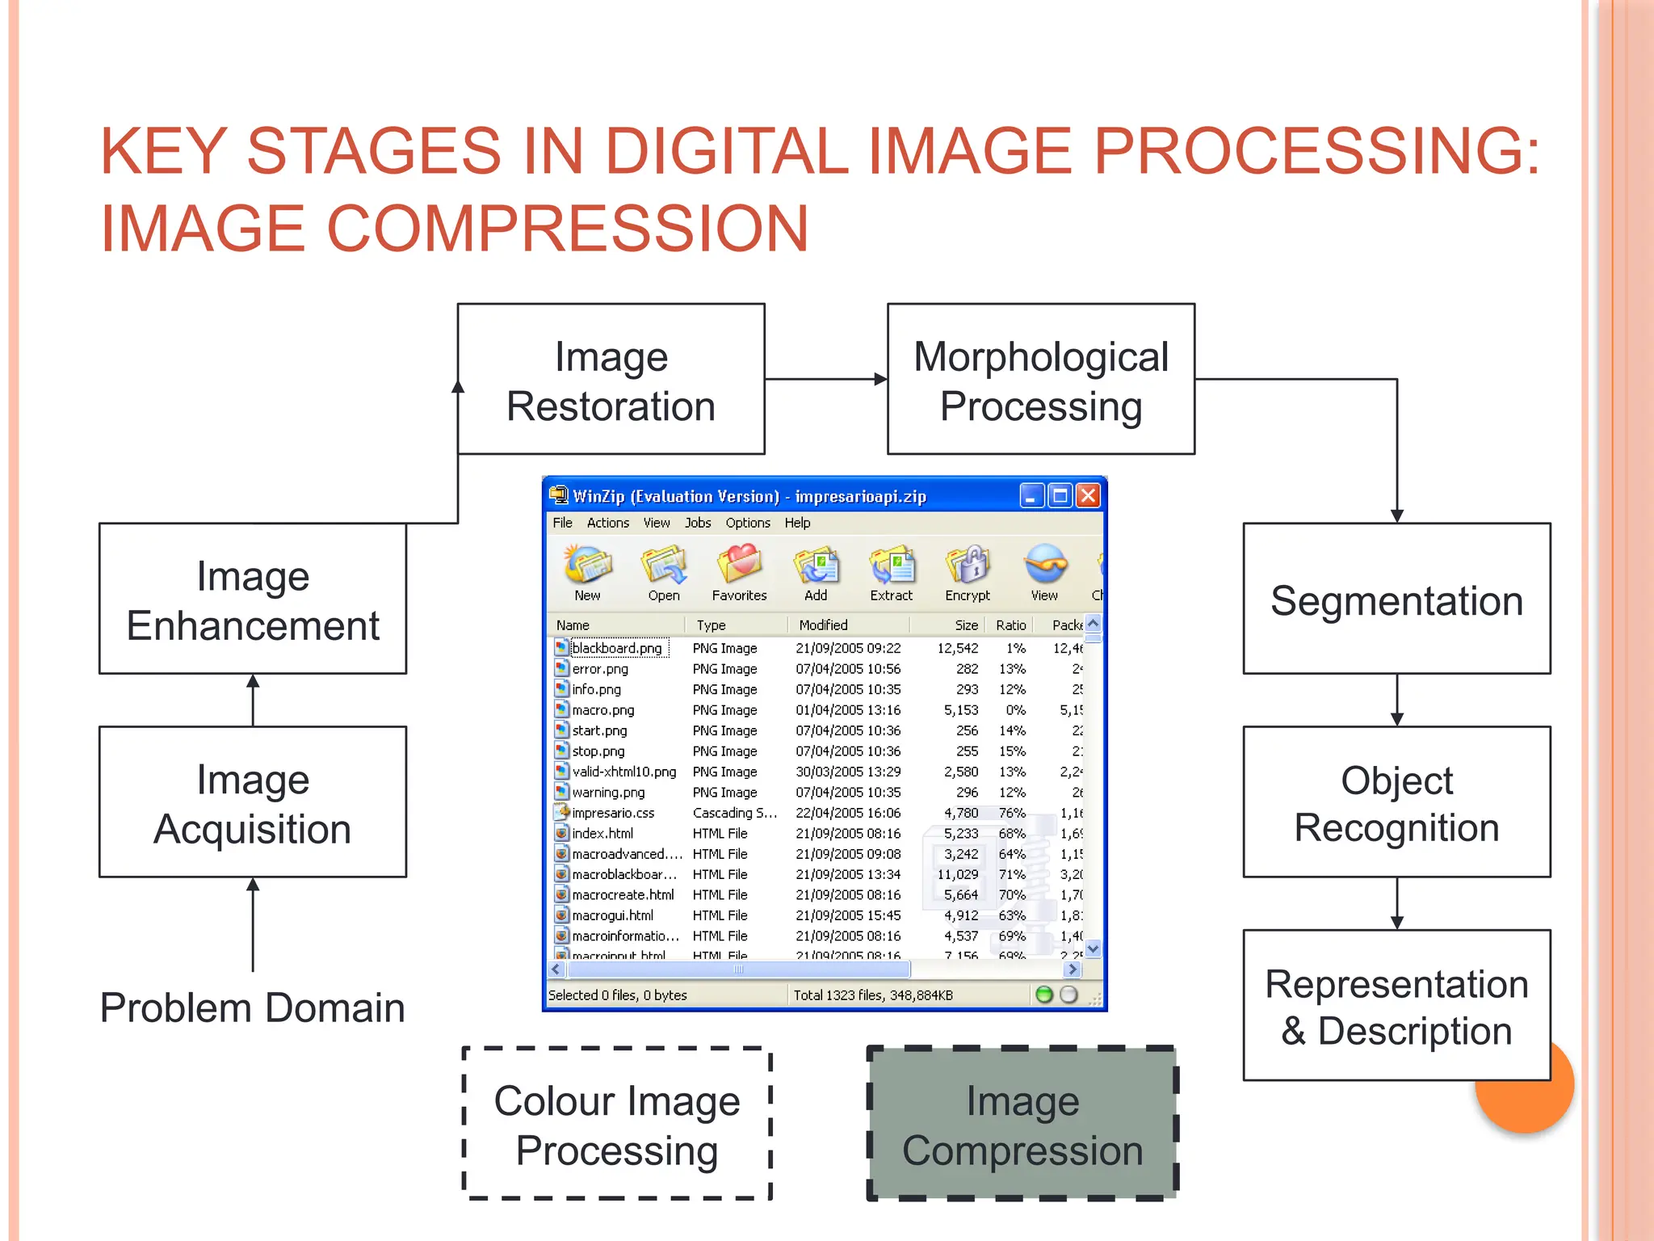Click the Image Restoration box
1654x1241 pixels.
pyautogui.click(x=611, y=379)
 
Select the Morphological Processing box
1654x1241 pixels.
pyautogui.click(x=1040, y=379)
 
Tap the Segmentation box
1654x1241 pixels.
pyautogui.click(x=1396, y=599)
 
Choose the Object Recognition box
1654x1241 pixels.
pyautogui.click(x=1396, y=802)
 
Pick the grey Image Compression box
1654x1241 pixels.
pyautogui.click(x=1022, y=1124)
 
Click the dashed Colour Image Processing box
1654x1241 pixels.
pyautogui.click(x=617, y=1124)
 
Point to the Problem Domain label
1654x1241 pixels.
pyautogui.click(x=252, y=1008)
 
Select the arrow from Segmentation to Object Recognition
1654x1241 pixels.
pyautogui.click(x=1396, y=700)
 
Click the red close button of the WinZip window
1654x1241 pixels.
pyautogui.click(x=1088, y=495)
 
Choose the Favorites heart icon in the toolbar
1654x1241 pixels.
pyautogui.click(x=739, y=565)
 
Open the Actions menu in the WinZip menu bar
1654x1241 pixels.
pyautogui.click(x=607, y=523)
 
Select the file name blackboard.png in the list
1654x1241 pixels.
pyautogui.click(x=616, y=648)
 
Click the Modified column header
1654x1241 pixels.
pyautogui.click(x=823, y=625)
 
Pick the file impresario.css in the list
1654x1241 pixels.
pyautogui.click(x=613, y=813)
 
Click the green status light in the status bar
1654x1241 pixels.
pyautogui.click(x=1043, y=995)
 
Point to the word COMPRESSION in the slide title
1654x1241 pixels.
pyautogui.click(x=568, y=229)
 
